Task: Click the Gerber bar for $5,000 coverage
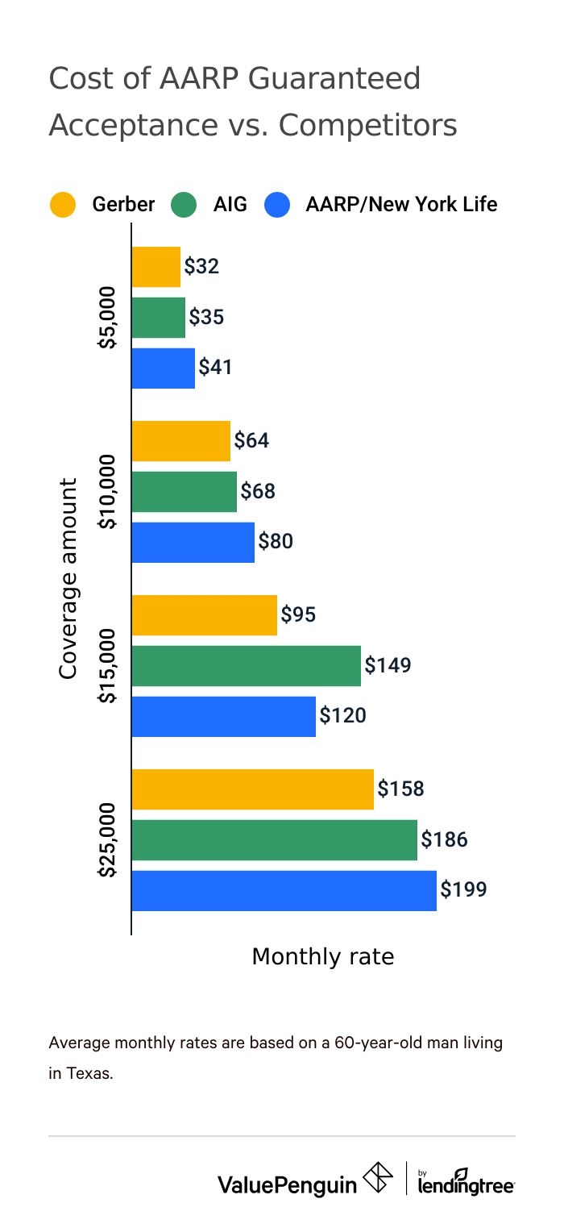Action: pos(156,267)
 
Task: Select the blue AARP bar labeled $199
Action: pos(284,891)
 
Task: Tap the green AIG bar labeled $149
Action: pos(246,665)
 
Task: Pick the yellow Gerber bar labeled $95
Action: pos(204,615)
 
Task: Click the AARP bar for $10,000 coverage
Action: pos(193,542)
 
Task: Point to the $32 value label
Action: pos(201,267)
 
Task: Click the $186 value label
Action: pos(444,840)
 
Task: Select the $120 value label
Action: pos(342,715)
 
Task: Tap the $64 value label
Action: pos(251,441)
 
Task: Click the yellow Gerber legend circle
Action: pos(62,205)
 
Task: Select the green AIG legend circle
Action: pos(184,205)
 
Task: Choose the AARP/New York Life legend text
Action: pos(401,205)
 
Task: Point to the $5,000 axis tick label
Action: pos(108,318)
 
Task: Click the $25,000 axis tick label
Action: pos(108,840)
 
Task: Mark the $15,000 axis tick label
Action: pos(108,665)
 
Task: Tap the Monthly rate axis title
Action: pos(323,956)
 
